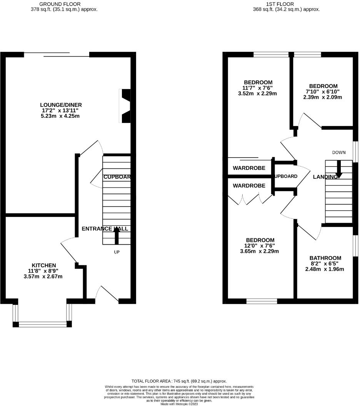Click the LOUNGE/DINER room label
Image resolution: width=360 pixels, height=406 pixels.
pyautogui.click(x=61, y=105)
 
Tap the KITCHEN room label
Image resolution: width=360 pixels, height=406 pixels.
pyautogui.click(x=44, y=265)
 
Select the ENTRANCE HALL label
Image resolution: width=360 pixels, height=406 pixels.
pyautogui.click(x=105, y=229)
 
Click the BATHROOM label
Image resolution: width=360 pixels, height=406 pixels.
pyautogui.click(x=326, y=258)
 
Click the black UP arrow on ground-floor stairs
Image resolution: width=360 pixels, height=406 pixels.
pyautogui.click(x=117, y=235)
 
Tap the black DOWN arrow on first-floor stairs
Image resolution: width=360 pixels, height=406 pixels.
pyautogui.click(x=339, y=169)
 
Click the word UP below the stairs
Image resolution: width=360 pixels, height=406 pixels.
pyautogui.click(x=117, y=253)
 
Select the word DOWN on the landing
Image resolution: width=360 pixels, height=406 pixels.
pyautogui.click(x=339, y=153)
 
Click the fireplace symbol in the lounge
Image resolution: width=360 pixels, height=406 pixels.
pyautogui.click(x=126, y=106)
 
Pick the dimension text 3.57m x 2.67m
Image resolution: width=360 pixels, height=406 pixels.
pyautogui.click(x=43, y=276)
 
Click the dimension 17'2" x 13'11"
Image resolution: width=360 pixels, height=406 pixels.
pyautogui.click(x=61, y=110)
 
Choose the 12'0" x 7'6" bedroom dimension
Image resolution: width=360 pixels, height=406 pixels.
pyautogui.click(x=260, y=246)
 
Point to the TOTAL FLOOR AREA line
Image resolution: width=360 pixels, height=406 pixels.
pyautogui.click(x=179, y=381)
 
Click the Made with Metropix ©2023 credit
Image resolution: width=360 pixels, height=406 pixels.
pyautogui.click(x=179, y=404)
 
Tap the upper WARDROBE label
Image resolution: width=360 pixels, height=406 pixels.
pyautogui.click(x=249, y=168)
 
